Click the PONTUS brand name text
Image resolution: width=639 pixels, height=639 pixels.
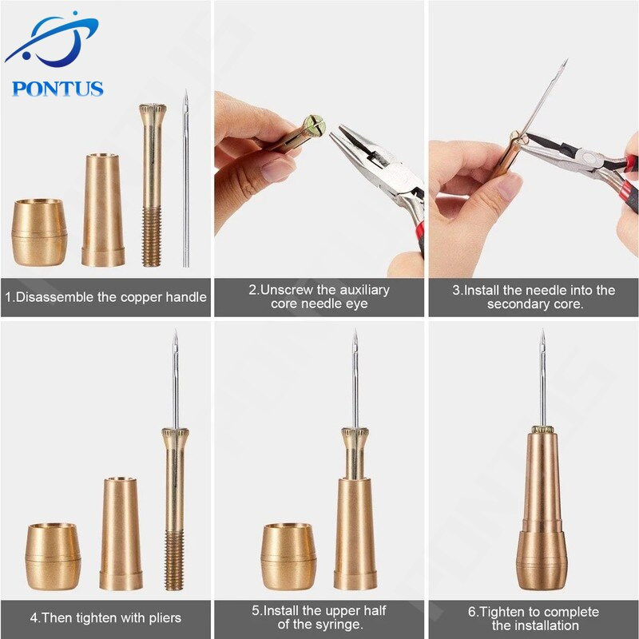[58, 89]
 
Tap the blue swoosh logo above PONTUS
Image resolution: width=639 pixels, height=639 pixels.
[52, 40]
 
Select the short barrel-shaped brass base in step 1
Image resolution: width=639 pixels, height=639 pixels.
[39, 232]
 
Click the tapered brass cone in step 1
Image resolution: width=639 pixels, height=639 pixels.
[103, 210]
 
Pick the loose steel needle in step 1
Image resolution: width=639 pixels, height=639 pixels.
[186, 178]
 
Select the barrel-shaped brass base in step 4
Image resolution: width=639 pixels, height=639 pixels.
[54, 556]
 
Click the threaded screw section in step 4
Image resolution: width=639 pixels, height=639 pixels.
[174, 561]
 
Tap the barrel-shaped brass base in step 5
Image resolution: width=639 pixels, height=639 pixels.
[289, 556]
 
